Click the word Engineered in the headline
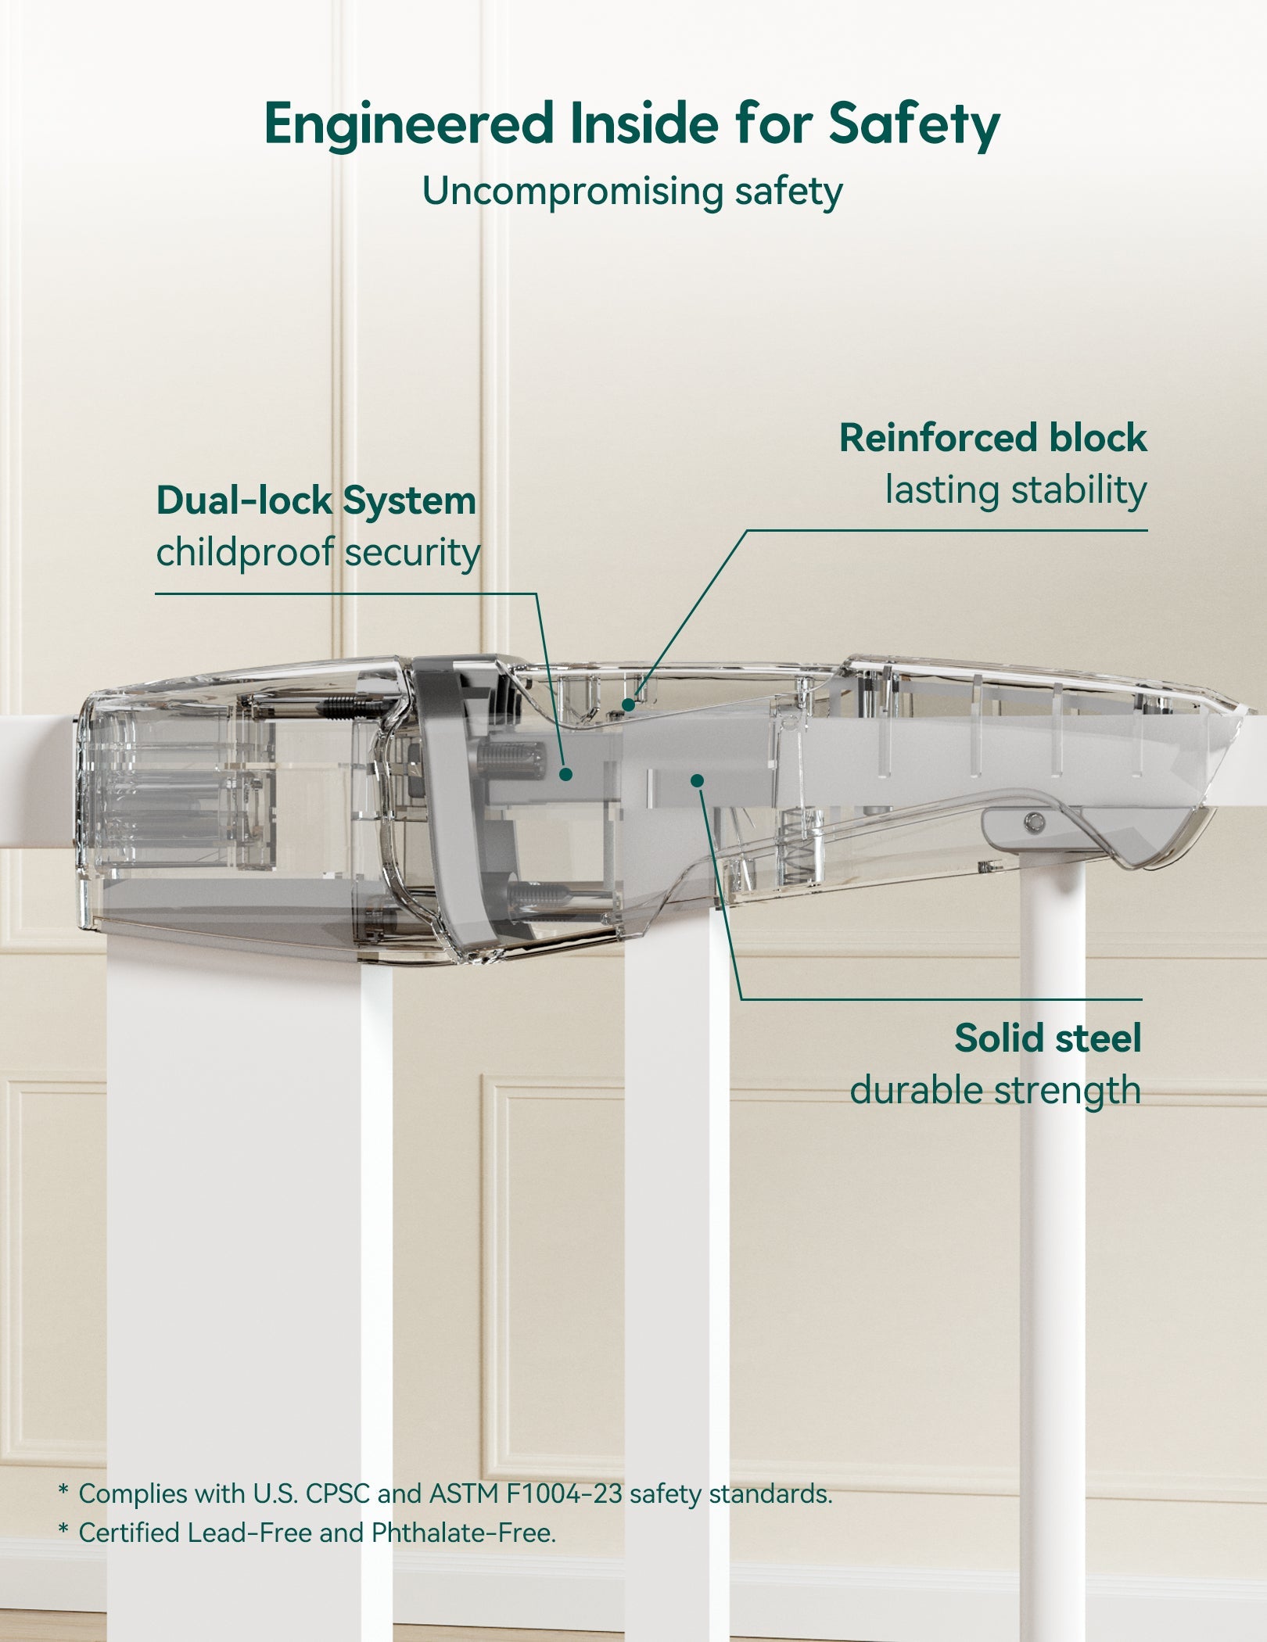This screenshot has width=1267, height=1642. pos(408,124)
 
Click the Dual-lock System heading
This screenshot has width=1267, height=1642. pos(316,500)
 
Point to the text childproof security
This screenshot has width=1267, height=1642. pos(318,552)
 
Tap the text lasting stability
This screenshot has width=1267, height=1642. pos(1015,490)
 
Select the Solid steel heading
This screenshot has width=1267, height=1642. pos(1047,1038)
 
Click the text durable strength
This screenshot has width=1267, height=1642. pos(995,1090)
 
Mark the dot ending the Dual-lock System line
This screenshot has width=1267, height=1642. pos(566,774)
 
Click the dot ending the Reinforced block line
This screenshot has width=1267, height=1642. pos(628,704)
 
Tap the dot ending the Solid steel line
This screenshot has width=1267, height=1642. pos(698,780)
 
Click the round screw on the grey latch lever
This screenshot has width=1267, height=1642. pos(1034,821)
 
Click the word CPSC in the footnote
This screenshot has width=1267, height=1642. pos(337,1493)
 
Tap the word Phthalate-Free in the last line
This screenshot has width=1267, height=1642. pos(463,1533)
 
